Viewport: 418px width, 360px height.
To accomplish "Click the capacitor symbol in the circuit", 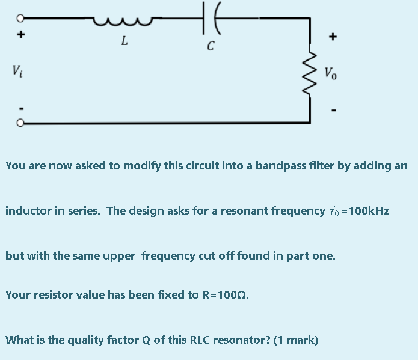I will pyautogui.click(x=210, y=18).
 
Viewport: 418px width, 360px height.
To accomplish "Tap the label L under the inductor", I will pyautogui.click(x=124, y=41).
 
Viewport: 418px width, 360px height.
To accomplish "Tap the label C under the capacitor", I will pyautogui.click(x=211, y=46).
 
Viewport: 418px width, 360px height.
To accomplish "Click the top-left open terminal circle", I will pyautogui.click(x=20, y=17).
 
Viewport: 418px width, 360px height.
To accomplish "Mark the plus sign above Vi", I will pyautogui.click(x=20, y=36).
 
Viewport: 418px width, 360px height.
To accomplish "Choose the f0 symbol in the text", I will pyautogui.click(x=334, y=212).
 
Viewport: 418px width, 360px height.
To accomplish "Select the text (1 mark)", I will pyautogui.click(x=296, y=340).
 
